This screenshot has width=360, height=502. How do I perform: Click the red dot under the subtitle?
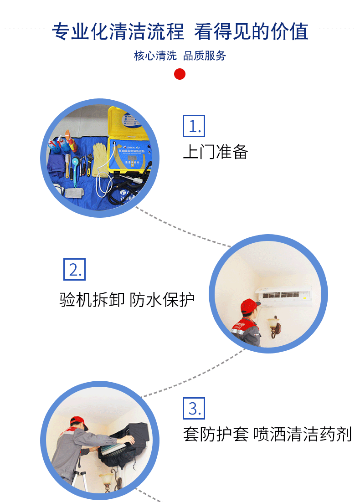[180, 74]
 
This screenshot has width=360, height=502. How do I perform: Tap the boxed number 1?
[194, 126]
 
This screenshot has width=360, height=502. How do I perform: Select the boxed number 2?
[74, 270]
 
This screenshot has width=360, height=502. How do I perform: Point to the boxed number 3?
[194, 408]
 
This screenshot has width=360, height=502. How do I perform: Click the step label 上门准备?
[215, 152]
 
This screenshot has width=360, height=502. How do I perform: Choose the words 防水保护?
[162, 300]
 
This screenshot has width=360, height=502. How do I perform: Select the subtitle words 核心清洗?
[155, 56]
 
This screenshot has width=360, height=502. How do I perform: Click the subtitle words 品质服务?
[205, 56]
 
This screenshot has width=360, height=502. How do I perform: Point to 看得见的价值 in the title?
[251, 31]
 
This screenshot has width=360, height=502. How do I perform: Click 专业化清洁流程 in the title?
[118, 31]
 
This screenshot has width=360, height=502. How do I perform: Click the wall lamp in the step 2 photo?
[274, 326]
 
